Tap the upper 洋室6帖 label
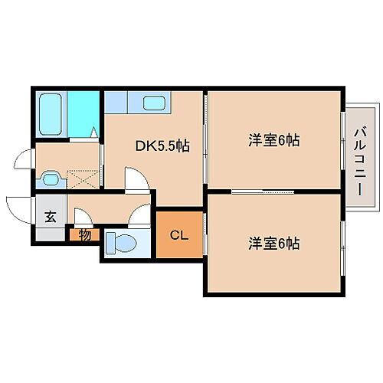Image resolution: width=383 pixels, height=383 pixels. pos(273,140)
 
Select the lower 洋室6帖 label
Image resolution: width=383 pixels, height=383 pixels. pos(273,244)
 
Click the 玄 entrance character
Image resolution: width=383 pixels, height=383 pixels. pos(50,217)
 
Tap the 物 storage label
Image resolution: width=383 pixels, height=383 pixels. pos(84,234)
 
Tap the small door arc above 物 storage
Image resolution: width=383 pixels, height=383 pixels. pos(80,214)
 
